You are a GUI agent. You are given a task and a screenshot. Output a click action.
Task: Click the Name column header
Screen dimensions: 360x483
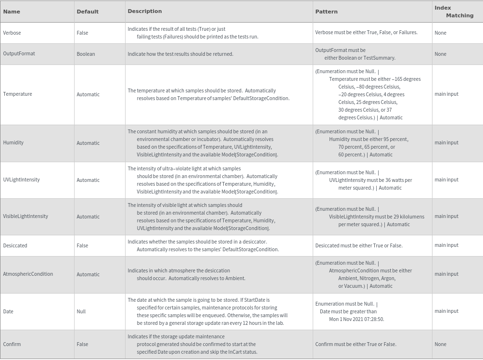click(12, 11)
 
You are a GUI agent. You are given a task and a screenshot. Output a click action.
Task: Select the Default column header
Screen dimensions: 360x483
click(88, 12)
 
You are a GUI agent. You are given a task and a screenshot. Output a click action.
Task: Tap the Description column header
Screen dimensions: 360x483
click(145, 11)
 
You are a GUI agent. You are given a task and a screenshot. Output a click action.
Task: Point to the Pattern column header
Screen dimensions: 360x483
click(326, 12)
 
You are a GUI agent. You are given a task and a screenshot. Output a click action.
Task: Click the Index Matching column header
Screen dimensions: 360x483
click(454, 12)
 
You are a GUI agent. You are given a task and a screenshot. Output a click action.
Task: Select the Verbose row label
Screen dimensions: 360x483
click(12, 33)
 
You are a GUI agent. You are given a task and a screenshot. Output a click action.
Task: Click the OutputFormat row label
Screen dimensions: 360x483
click(19, 53)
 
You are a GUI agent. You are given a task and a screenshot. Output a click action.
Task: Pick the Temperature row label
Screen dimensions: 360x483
click(17, 94)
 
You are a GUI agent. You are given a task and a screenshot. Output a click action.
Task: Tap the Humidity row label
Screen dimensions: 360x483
click(13, 142)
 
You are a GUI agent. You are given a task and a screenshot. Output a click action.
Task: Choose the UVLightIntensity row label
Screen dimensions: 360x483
click(21, 180)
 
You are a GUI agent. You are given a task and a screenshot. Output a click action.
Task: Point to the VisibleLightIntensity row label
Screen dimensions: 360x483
click(25, 216)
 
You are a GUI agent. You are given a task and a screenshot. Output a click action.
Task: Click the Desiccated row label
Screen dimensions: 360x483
click(15, 245)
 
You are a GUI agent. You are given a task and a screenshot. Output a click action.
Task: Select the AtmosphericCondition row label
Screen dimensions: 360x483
click(28, 274)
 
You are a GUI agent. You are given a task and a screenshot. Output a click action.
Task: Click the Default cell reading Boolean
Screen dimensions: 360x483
click(86, 54)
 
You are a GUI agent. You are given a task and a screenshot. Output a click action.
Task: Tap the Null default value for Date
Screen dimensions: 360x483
click(81, 311)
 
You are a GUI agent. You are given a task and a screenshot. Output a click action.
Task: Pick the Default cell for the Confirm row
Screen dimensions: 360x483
click(82, 344)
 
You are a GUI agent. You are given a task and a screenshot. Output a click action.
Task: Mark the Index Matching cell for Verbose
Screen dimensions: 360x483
click(440, 33)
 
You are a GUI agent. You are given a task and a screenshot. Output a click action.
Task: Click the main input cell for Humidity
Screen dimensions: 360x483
click(446, 142)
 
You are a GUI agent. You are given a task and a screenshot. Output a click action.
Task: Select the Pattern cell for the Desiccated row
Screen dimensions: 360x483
click(359, 245)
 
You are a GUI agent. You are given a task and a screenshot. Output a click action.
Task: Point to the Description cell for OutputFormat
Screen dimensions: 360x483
click(180, 54)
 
